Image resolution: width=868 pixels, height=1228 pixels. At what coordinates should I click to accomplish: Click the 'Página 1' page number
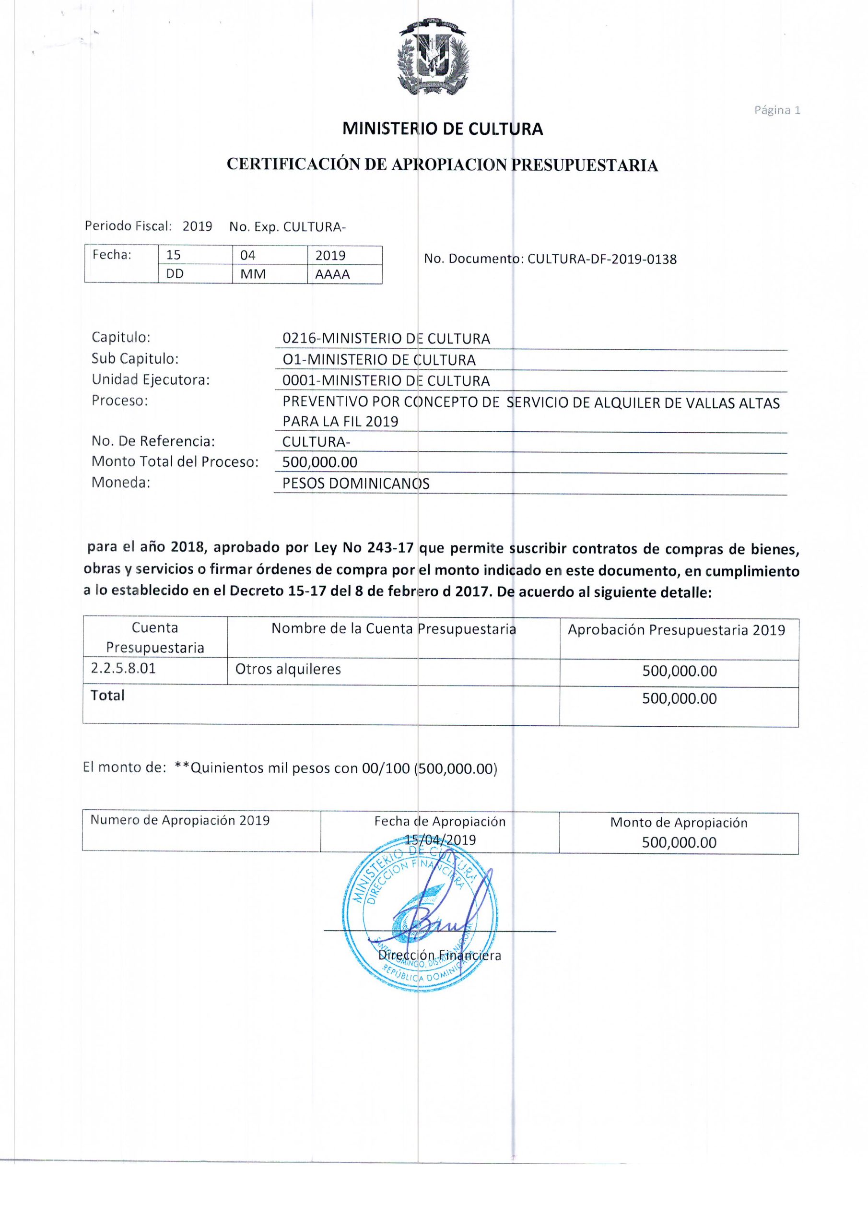776,110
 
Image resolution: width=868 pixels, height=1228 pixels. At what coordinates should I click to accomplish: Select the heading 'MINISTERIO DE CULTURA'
442,129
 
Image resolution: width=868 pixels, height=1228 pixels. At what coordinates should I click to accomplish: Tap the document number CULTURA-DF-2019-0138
602,260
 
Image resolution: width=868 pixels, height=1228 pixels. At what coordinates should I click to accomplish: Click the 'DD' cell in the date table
175,274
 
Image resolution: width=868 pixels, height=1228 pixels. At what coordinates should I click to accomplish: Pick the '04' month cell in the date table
247,255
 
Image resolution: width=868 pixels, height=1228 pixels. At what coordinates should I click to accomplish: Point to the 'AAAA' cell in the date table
332,274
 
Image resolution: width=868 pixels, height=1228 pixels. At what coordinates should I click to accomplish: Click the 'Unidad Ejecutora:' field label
150,380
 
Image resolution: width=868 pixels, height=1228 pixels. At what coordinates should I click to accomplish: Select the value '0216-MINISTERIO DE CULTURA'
386,339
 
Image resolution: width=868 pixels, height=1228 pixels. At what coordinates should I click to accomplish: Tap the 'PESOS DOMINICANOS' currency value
356,484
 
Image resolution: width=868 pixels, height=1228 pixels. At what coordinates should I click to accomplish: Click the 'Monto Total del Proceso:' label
175,461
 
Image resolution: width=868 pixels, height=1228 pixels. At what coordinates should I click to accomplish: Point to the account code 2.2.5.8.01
123,669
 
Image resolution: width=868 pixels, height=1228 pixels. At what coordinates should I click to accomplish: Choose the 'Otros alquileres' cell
288,669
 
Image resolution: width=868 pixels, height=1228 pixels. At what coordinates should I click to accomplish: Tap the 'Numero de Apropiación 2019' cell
180,820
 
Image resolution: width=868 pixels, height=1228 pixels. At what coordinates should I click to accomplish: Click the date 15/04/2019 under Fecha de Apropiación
440,840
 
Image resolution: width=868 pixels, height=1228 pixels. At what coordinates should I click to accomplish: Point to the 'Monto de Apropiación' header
678,823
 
